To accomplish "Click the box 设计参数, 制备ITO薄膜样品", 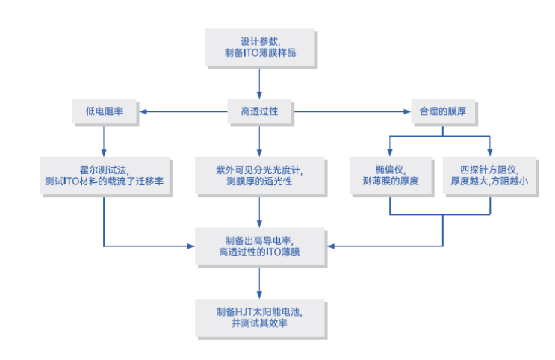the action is tap(260, 48).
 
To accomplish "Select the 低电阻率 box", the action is tap(105, 111).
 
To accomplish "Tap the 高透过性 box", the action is tap(259, 111).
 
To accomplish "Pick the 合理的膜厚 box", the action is tap(443, 111).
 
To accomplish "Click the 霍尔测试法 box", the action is tap(105, 176).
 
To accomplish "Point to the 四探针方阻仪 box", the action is tap(489, 176).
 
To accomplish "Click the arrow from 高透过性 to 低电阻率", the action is tap(184, 111).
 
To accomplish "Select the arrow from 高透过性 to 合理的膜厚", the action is tap(352, 111).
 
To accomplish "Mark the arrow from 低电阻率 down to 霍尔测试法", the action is tap(104, 141).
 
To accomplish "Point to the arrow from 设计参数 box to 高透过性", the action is tap(259, 84).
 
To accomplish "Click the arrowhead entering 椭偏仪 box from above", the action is tap(390, 152).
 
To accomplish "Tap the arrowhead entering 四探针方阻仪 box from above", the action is tap(490, 152).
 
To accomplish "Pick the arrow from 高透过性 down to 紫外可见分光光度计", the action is tap(259, 141).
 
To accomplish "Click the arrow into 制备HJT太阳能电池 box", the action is tap(259, 283).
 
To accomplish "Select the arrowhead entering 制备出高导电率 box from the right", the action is tap(332, 246).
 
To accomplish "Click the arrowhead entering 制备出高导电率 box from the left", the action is tap(191, 246).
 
